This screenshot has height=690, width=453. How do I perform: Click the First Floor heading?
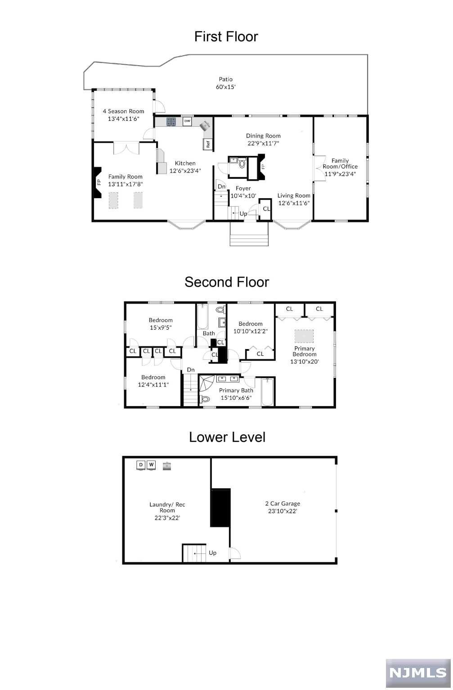pos(226,37)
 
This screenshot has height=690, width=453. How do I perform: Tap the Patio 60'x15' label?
pos(226,83)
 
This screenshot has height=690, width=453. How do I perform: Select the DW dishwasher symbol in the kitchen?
pos(187,121)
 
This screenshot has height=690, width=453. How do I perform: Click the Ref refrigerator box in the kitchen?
pos(208,144)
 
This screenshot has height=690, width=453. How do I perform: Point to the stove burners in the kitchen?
pos(171,122)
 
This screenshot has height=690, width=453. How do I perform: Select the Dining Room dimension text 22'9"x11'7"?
pos(263,143)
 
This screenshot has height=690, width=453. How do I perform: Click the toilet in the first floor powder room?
pos(242,163)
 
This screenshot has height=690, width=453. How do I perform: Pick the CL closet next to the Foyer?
pos(265,209)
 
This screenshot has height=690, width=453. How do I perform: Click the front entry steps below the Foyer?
pos(249,234)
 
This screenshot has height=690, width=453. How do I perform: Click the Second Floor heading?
pos(227,282)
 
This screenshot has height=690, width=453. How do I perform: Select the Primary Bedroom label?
pos(304,351)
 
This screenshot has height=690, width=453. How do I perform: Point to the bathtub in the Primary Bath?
pos(267,392)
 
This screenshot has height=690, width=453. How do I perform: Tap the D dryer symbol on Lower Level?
pos(141,465)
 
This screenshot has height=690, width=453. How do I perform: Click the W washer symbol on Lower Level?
pos(152,465)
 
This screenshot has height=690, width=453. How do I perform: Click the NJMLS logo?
pos(418,673)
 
